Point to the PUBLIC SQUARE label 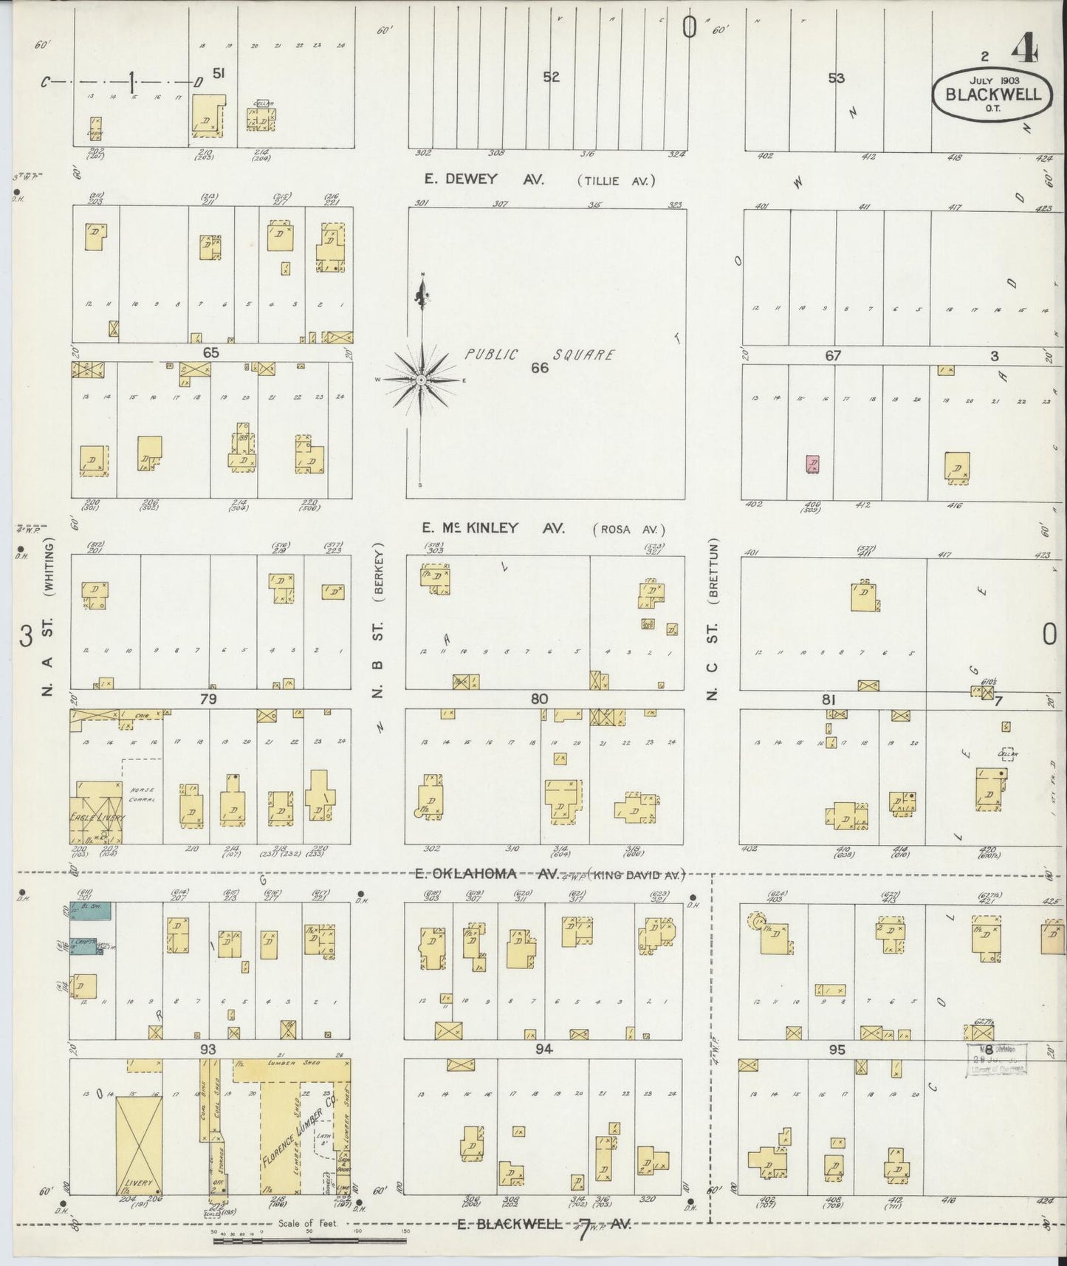539,355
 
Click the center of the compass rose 420,380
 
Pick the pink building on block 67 813,465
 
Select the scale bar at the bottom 309,1242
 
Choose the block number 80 539,699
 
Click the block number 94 543,1049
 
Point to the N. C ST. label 713,661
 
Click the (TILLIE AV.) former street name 616,180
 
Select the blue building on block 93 92,911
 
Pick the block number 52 551,76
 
